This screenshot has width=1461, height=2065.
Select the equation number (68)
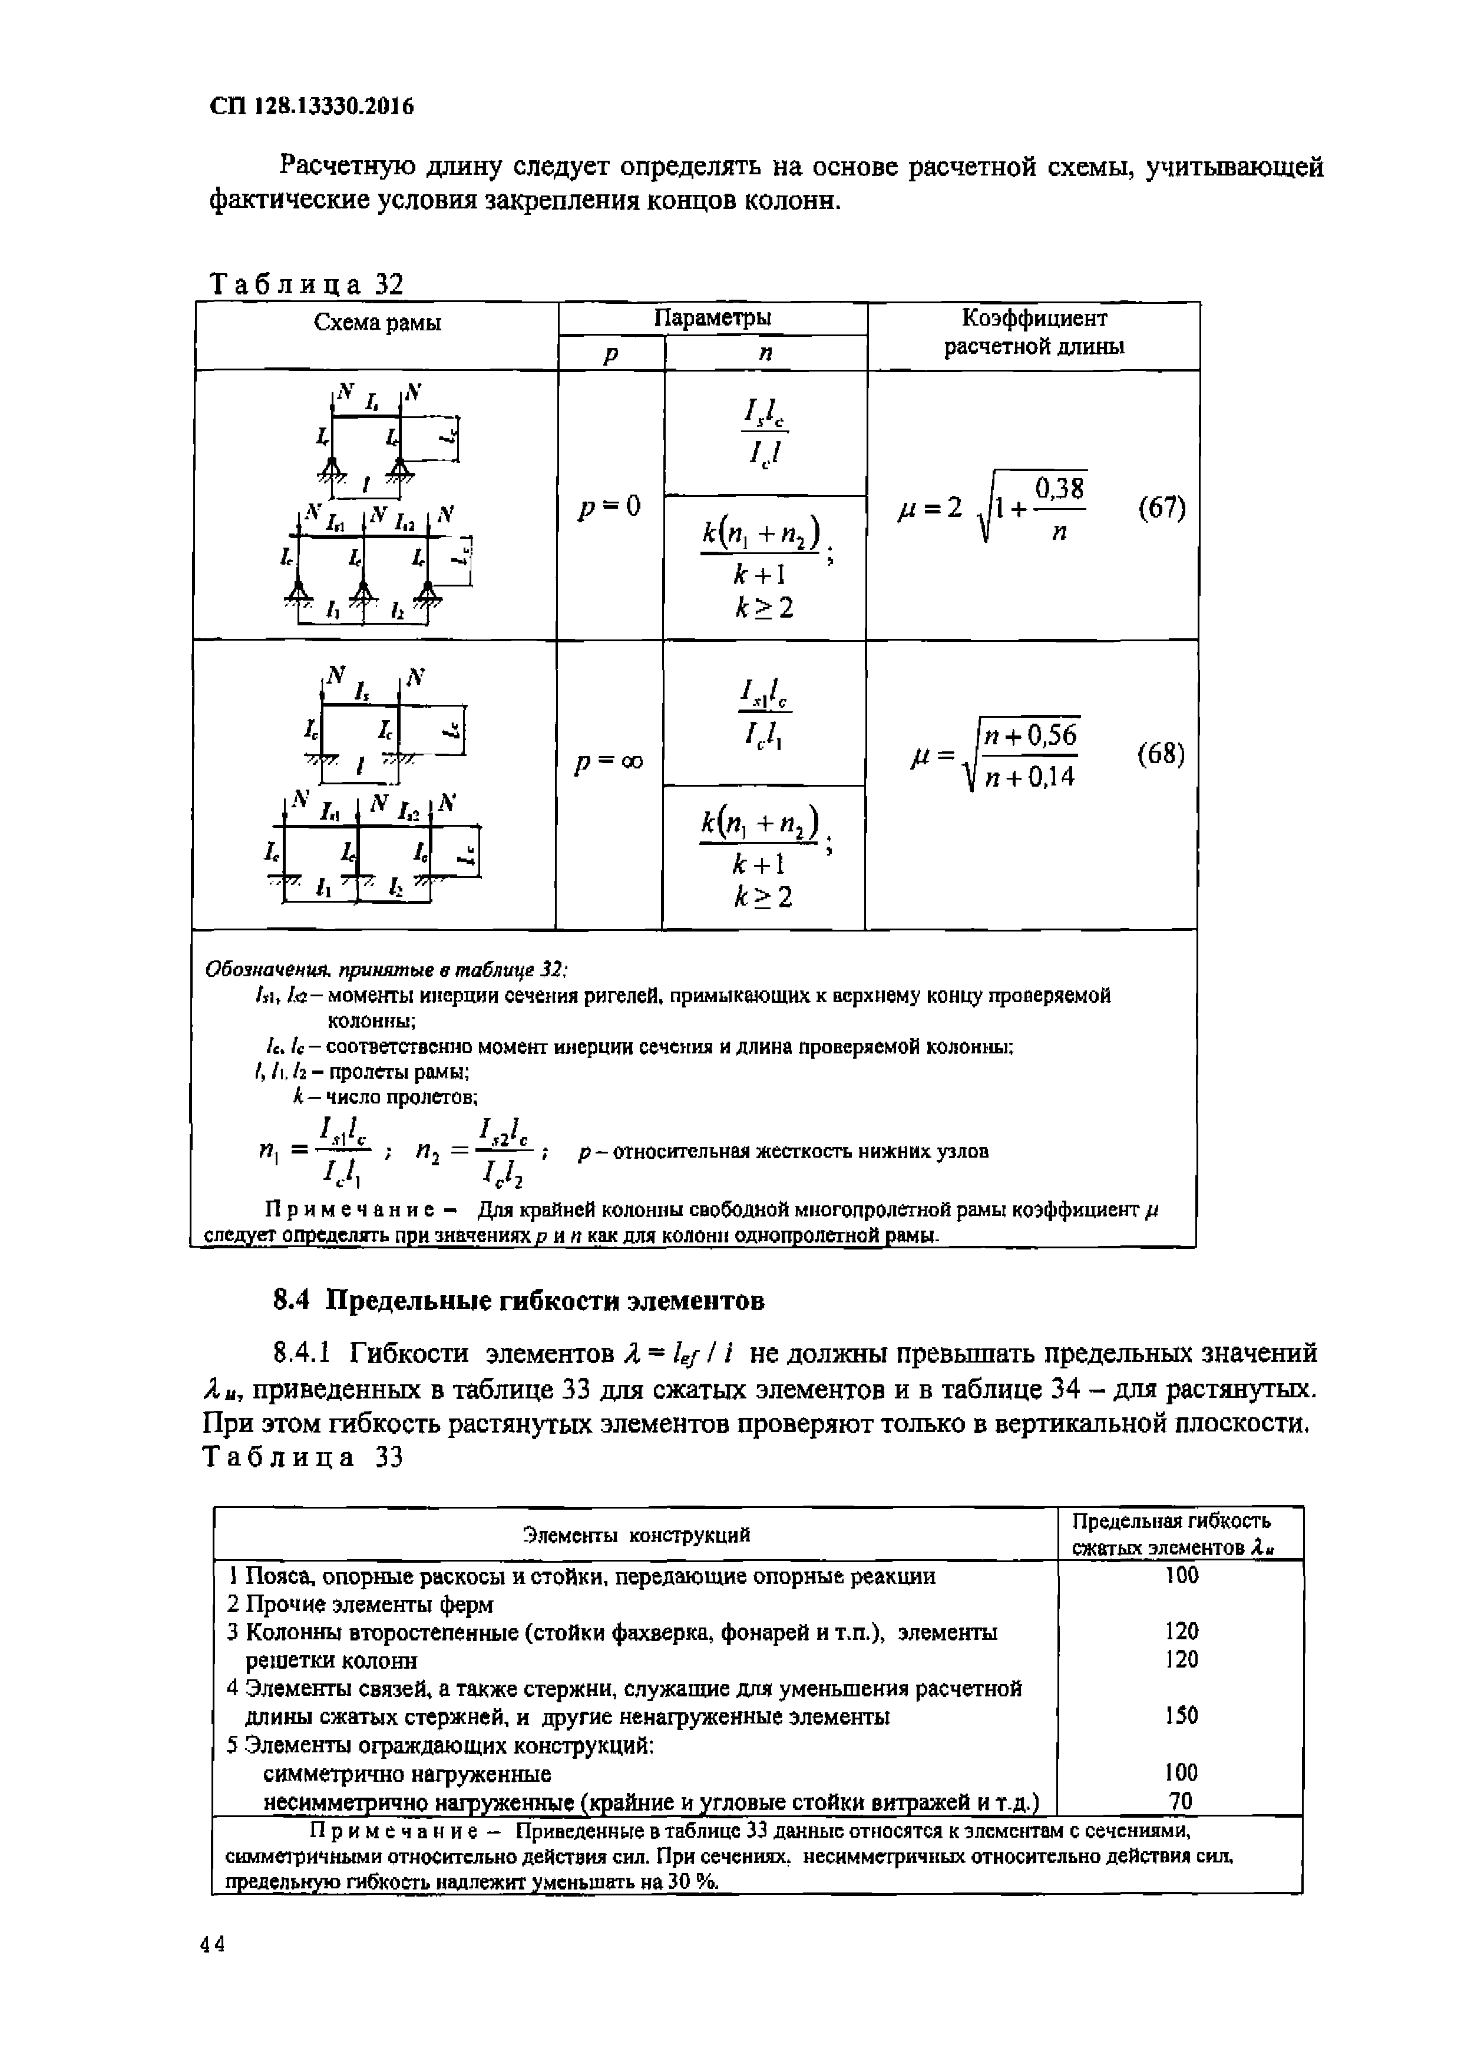[1161, 754]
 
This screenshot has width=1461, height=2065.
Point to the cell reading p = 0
[610, 506]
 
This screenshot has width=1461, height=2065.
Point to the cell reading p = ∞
[609, 761]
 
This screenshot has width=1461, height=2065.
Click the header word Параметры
[712, 317]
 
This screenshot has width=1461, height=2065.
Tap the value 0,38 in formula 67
[1060, 489]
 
